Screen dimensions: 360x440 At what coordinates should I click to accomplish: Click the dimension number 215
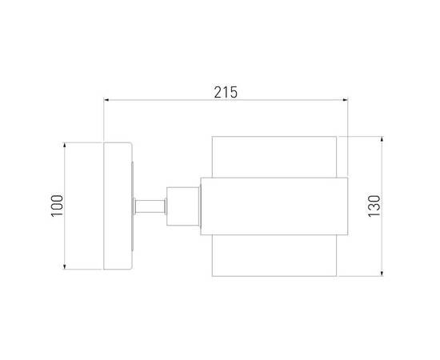pyautogui.click(x=226, y=92)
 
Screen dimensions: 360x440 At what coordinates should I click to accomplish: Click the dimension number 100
pyautogui.click(x=54, y=206)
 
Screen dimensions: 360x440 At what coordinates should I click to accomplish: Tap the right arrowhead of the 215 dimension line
pyautogui.click(x=346, y=101)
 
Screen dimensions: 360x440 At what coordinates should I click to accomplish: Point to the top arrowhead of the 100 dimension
pyautogui.click(x=65, y=146)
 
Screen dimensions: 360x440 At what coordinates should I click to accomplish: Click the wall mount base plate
pyautogui.click(x=118, y=206)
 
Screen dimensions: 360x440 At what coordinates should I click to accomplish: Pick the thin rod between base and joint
pyautogui.click(x=150, y=206)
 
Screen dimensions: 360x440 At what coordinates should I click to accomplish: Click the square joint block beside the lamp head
pyautogui.click(x=181, y=206)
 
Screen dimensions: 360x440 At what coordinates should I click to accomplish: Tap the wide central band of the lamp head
pyautogui.click(x=272, y=206)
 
